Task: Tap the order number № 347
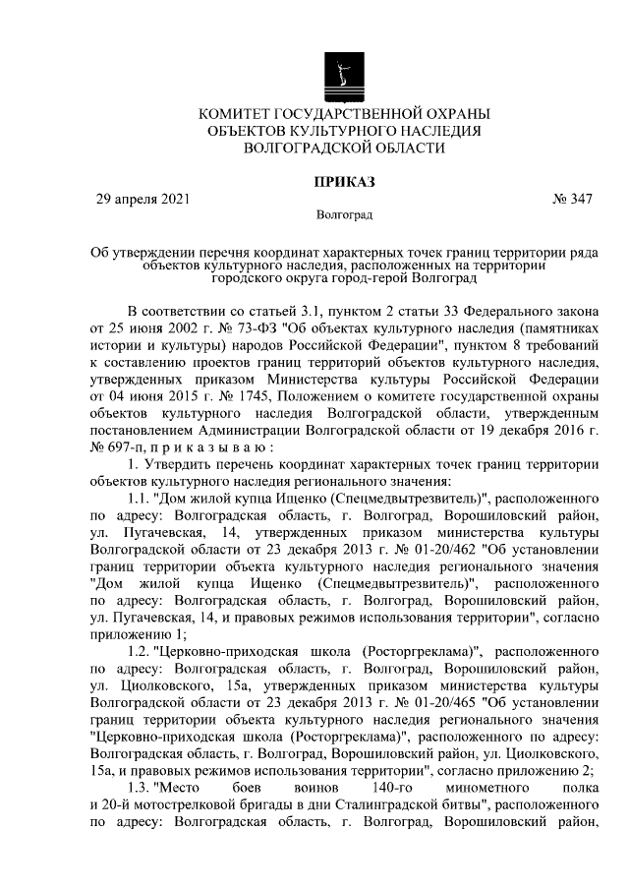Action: [x=573, y=199]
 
